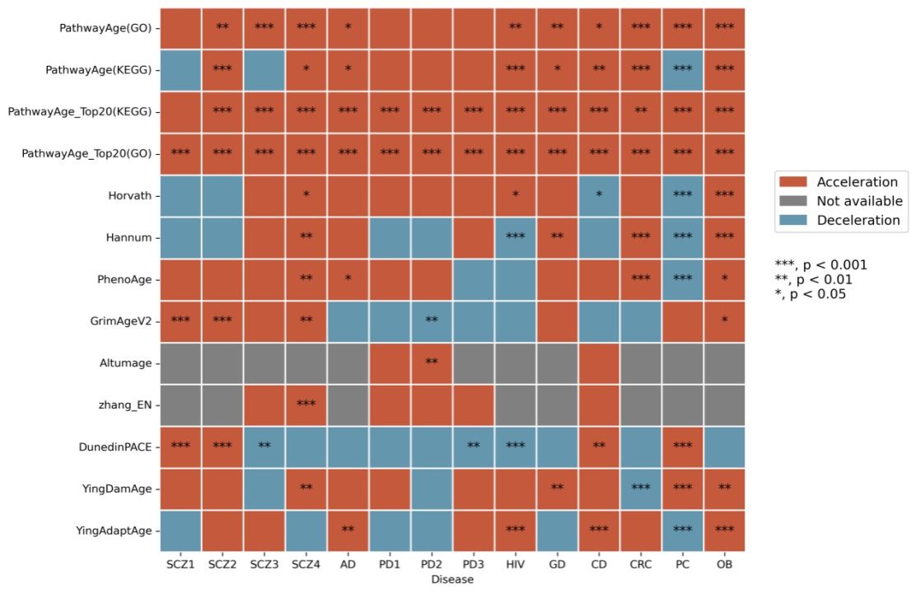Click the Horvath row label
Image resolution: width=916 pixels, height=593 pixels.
[x=129, y=196]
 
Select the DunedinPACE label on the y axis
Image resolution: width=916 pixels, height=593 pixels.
[x=115, y=447]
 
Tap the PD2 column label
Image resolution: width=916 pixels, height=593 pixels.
[x=431, y=564]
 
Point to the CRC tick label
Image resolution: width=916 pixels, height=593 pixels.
[x=641, y=564]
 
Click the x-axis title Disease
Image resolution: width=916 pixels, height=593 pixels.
[x=452, y=580]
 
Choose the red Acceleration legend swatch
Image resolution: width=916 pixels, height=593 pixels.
[x=792, y=182]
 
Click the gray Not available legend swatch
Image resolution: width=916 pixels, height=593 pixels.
[x=792, y=201]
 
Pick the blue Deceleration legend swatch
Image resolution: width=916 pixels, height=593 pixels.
[x=792, y=220]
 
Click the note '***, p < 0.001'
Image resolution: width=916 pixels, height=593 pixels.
[x=820, y=264]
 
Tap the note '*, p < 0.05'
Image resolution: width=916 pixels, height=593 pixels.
[x=811, y=294]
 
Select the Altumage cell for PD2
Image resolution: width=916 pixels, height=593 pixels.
[x=432, y=363]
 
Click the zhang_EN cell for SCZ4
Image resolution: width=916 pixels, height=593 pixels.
[x=306, y=405]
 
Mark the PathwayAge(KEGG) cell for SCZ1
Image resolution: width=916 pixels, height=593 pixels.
[x=180, y=70]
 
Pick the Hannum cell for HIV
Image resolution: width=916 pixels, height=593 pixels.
[x=516, y=238]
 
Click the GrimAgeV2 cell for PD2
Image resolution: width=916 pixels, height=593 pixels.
[x=432, y=321]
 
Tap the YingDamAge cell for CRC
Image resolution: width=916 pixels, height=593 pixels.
[x=641, y=489]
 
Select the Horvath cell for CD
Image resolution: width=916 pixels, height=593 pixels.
[x=599, y=196]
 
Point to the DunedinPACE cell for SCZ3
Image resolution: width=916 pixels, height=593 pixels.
[x=264, y=447]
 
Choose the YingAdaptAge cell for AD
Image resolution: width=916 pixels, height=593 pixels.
[x=348, y=531]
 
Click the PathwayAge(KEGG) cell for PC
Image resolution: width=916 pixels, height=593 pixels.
[x=683, y=70]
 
